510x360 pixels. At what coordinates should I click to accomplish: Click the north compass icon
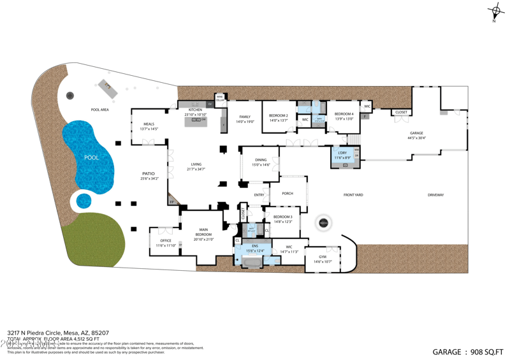(x=495, y=12)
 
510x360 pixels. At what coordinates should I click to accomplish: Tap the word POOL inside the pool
(x=92, y=157)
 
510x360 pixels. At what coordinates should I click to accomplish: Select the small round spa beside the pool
(x=84, y=201)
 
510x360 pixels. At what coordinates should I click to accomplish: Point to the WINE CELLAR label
(x=220, y=99)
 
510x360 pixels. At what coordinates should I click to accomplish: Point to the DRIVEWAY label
(x=435, y=195)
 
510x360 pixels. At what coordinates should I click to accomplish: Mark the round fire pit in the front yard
(x=324, y=223)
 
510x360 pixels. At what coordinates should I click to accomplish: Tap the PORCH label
(x=288, y=193)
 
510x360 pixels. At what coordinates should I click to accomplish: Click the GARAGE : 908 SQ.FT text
(x=468, y=352)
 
